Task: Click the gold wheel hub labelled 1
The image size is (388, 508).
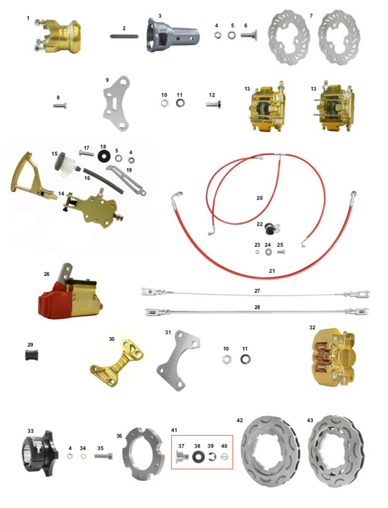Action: click(58, 36)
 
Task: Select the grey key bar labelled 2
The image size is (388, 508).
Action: click(124, 36)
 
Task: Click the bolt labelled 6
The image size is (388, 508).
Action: click(249, 35)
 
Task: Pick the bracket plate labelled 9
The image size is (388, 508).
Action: click(116, 103)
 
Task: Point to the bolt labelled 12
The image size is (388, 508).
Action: click(213, 105)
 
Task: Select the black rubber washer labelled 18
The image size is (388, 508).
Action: click(103, 156)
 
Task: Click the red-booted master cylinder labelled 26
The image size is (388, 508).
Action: click(70, 294)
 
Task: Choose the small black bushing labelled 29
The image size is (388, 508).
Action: click(32, 355)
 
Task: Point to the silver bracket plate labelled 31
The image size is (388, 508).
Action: click(178, 360)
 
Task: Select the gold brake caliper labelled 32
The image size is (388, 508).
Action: click(333, 357)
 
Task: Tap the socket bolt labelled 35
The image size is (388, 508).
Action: click(103, 456)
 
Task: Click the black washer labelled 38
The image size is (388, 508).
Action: click(197, 457)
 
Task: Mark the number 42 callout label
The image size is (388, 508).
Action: click(239, 420)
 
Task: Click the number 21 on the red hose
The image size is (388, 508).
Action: click(272, 271)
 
